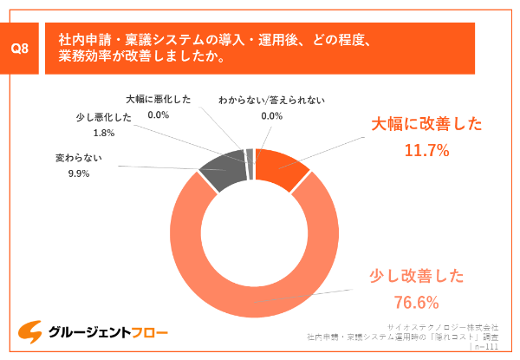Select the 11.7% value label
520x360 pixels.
(426, 150)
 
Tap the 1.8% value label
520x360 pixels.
(103, 133)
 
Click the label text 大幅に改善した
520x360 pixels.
(426, 124)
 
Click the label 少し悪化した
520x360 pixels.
(103, 119)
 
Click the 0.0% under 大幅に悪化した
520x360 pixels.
(159, 114)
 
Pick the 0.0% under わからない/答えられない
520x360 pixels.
(271, 115)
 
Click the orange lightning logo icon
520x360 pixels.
(31, 331)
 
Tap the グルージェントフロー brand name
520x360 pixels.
(107, 332)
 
